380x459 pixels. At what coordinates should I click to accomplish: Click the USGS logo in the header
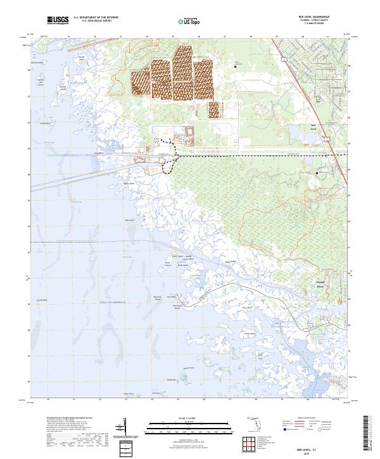57,21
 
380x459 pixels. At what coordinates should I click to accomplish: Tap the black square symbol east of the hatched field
236,65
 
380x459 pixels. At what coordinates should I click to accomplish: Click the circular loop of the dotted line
167,166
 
